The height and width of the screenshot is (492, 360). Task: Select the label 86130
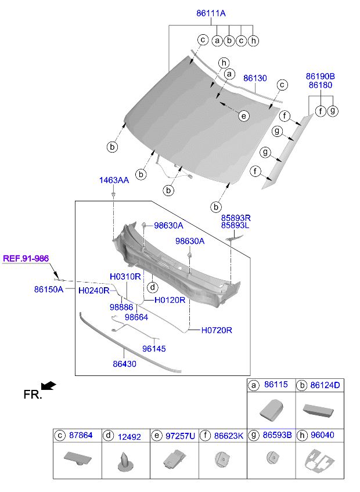pos(255,78)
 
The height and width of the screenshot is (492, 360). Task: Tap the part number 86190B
pos(321,76)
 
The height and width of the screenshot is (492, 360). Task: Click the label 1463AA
pos(114,180)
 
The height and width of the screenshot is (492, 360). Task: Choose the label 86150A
pos(48,288)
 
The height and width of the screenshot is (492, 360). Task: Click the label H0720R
pos(217,330)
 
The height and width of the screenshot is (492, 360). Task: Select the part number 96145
pos(154,349)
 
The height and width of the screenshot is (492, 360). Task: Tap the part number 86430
pos(124,364)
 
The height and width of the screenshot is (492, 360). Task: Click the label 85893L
pos(235,225)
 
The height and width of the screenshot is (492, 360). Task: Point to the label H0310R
pos(125,277)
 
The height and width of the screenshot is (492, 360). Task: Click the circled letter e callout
pos(244,116)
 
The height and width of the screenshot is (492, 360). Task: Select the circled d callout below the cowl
pos(152,287)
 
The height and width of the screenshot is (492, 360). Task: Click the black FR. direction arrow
pos(49,386)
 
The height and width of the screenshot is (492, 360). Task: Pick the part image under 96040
pos(319,462)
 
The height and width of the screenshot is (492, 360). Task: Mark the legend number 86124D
pos(325,385)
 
